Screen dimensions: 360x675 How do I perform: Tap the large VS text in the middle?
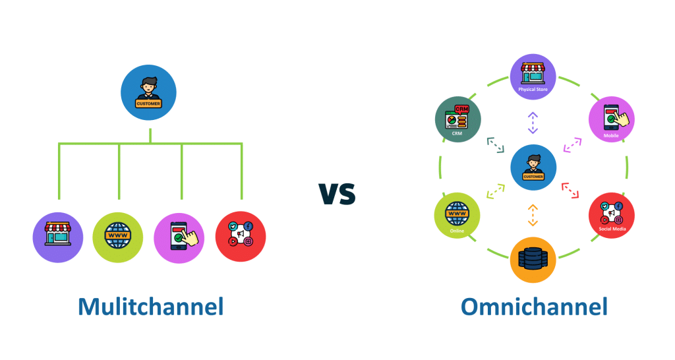point(337,193)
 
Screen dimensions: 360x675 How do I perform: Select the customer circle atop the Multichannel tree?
point(149,93)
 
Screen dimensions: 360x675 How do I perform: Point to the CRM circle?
point(458,120)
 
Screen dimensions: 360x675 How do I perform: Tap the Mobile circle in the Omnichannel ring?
point(611,119)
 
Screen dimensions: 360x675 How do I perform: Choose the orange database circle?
point(533,259)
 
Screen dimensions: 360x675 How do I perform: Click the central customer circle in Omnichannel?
point(533,167)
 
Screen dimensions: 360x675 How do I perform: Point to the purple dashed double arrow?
point(533,123)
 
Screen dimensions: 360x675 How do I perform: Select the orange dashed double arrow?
point(533,215)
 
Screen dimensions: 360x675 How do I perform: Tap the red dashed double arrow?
point(570,191)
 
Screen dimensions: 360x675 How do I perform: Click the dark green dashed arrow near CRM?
point(495,145)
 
